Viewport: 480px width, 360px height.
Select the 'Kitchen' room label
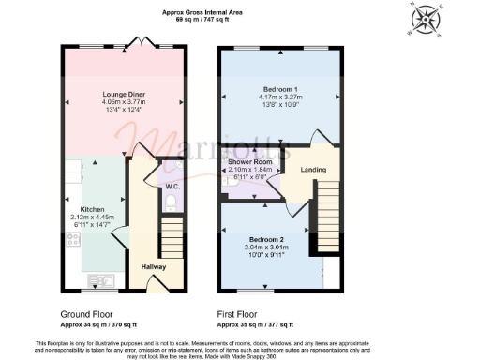pyautogui.click(x=91, y=209)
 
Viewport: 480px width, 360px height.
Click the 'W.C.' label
pyautogui.click(x=172, y=187)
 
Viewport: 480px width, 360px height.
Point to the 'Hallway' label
pyautogui.click(x=153, y=267)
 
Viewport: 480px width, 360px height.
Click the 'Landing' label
pyautogui.click(x=313, y=170)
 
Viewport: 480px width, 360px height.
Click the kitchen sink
pyautogui.click(x=99, y=279)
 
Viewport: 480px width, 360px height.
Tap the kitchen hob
pyautogui.click(x=71, y=240)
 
